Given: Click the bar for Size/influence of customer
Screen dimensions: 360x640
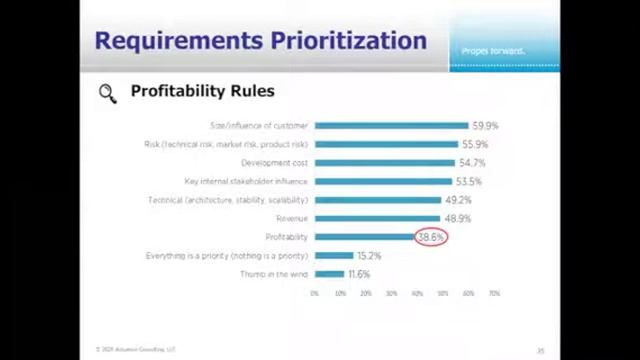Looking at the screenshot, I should pos(391,126).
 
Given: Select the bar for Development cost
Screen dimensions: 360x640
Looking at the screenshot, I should pos(384,163).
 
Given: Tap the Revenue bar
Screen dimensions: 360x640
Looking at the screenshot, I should pos(377,218).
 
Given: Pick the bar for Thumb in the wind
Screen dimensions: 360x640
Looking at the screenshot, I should pos(329,274).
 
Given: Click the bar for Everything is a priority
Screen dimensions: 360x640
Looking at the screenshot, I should pos(334,256).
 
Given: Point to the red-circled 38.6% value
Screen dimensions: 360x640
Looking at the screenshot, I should pos(431,237).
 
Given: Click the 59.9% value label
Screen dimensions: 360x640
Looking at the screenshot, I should pos(485,126).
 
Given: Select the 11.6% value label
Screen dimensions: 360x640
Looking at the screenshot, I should pos(359,274).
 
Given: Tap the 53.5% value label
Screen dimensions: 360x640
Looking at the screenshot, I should pos(468,182).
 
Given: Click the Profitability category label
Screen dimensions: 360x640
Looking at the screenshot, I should pos(286,237).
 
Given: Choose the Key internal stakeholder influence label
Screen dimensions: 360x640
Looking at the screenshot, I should pos(246,182).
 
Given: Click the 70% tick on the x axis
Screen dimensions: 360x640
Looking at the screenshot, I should pos(494,293).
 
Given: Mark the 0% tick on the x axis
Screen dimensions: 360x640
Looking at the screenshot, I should pos(315,293).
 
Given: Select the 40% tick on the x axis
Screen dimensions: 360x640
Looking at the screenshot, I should pos(417,293).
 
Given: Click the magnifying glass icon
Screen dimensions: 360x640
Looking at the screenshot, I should pos(107,93).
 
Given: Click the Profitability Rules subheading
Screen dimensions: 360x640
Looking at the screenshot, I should pos(202,91).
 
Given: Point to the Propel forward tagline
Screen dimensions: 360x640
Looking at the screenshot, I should pos(493,51).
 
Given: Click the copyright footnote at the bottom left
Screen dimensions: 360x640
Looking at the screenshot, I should pos(135,350).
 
